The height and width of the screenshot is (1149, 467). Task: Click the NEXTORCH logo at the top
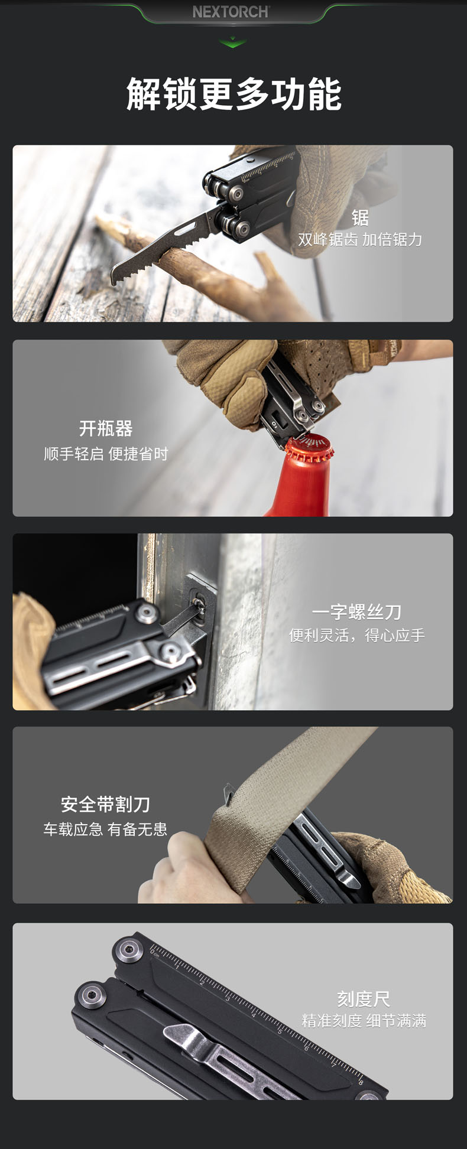[231, 12]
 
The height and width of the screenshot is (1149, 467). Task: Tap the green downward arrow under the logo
[233, 42]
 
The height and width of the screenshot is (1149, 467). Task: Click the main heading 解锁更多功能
[234, 94]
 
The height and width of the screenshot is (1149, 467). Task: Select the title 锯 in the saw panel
[360, 217]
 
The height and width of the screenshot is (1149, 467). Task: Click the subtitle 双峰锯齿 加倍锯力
[360, 239]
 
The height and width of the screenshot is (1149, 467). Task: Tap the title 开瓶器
[106, 428]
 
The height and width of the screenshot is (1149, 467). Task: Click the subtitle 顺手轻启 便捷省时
[106, 454]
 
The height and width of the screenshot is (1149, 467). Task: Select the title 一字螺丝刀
[356, 612]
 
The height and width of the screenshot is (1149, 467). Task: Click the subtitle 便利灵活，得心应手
[356, 635]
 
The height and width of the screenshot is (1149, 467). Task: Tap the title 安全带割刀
[106, 804]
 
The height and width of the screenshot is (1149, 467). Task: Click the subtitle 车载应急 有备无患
[106, 829]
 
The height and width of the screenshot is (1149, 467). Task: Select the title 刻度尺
[364, 999]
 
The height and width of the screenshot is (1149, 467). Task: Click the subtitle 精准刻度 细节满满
[364, 1021]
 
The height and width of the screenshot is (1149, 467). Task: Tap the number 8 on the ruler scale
[360, 1083]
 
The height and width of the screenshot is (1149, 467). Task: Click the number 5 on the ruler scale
[280, 1031]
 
